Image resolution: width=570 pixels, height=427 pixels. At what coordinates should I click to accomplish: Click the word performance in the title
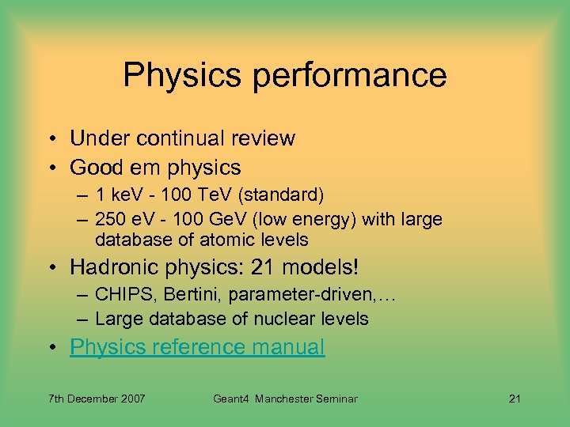coord(361,76)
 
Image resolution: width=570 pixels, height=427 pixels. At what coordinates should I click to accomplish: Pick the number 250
coord(109,219)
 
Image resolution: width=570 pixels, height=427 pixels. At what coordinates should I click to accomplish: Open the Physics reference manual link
coord(197,347)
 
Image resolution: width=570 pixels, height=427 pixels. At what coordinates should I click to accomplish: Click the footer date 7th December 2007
coord(97,399)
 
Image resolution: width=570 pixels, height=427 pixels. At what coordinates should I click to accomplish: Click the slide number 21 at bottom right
coord(514,399)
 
